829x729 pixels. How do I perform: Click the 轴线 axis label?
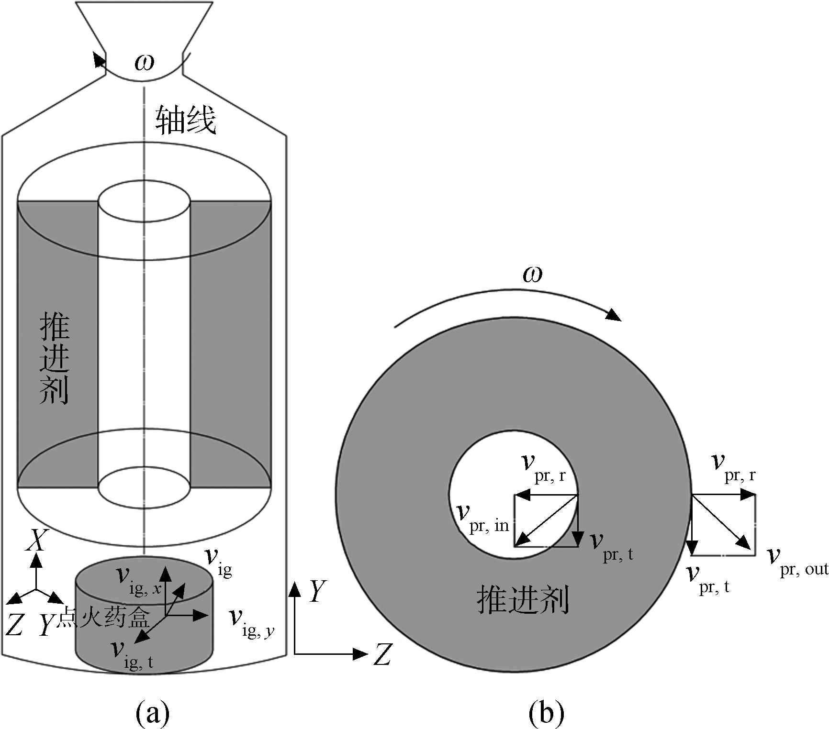[185, 120]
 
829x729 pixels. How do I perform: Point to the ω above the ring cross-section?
[533, 275]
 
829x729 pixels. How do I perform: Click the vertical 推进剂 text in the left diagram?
[55, 359]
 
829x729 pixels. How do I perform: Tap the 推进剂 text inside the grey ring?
[523, 601]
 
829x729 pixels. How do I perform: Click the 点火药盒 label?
[103, 619]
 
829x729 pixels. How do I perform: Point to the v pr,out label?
[797, 563]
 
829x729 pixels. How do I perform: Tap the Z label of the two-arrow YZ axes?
[382, 654]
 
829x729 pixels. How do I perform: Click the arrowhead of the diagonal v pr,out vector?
[743, 542]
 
